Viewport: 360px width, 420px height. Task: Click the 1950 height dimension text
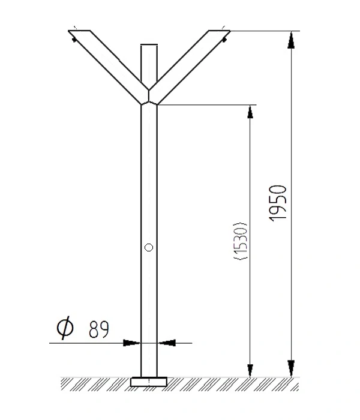[x=278, y=203]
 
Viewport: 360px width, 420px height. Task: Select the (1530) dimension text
[x=240, y=241]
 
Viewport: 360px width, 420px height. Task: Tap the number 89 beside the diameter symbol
[x=99, y=329]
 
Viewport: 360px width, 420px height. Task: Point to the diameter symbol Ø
[x=65, y=328]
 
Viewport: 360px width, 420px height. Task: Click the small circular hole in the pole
[x=149, y=247]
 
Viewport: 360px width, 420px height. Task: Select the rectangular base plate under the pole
[x=149, y=382]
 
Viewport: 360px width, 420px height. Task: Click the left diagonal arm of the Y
[x=109, y=67]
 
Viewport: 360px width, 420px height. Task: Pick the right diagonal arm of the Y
[x=190, y=67]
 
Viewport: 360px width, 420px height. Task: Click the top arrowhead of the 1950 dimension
[x=291, y=40]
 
